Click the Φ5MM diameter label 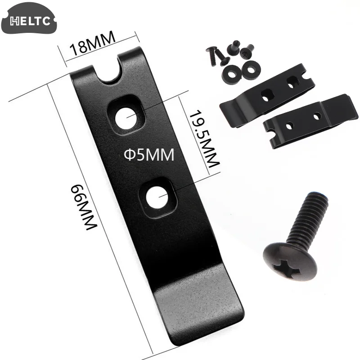148,155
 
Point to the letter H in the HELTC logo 13,21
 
